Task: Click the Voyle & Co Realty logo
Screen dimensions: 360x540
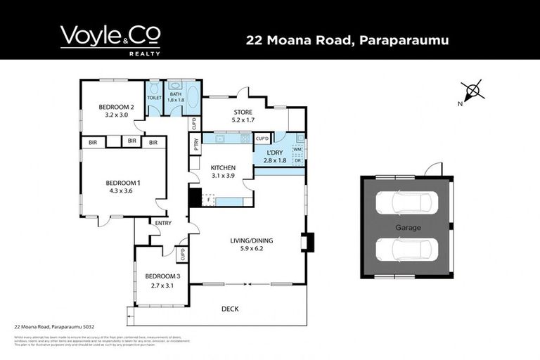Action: pos(110,39)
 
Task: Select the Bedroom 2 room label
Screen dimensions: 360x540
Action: pos(116,107)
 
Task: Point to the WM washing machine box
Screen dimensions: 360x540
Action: pos(297,149)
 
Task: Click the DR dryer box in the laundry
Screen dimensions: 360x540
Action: pos(297,160)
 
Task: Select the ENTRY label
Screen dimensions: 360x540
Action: pos(163,224)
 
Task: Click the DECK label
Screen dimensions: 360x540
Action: pos(230,307)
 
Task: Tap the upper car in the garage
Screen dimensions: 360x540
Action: pos(406,204)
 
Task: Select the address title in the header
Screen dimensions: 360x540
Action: pos(347,40)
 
